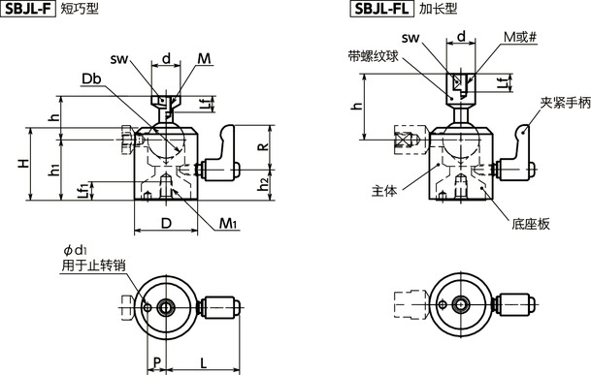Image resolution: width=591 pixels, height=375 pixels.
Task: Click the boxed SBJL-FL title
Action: click(381, 10)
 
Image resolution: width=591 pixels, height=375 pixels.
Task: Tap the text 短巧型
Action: click(81, 10)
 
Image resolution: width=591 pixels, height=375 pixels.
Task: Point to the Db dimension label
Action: click(92, 78)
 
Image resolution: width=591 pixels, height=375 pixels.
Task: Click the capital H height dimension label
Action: click(20, 164)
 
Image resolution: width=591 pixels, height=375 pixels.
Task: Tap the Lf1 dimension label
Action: click(83, 191)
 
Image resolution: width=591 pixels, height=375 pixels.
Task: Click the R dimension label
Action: click(261, 147)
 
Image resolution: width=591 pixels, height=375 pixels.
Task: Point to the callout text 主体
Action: click(383, 192)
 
